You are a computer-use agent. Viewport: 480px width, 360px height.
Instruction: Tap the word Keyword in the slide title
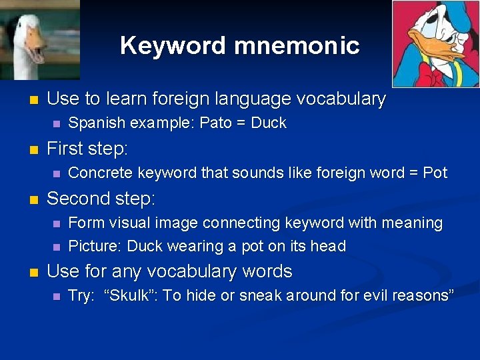pyautogui.click(x=174, y=46)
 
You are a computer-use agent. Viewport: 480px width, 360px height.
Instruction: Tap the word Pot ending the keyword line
pyautogui.click(x=435, y=173)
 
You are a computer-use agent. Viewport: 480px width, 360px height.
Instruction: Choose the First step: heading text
pyautogui.click(x=87, y=148)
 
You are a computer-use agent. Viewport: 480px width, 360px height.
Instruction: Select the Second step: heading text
pyautogui.click(x=101, y=199)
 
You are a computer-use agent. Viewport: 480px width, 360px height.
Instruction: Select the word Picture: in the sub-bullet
pyautogui.click(x=95, y=247)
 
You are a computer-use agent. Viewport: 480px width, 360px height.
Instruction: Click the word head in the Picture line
pyautogui.click(x=328, y=247)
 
